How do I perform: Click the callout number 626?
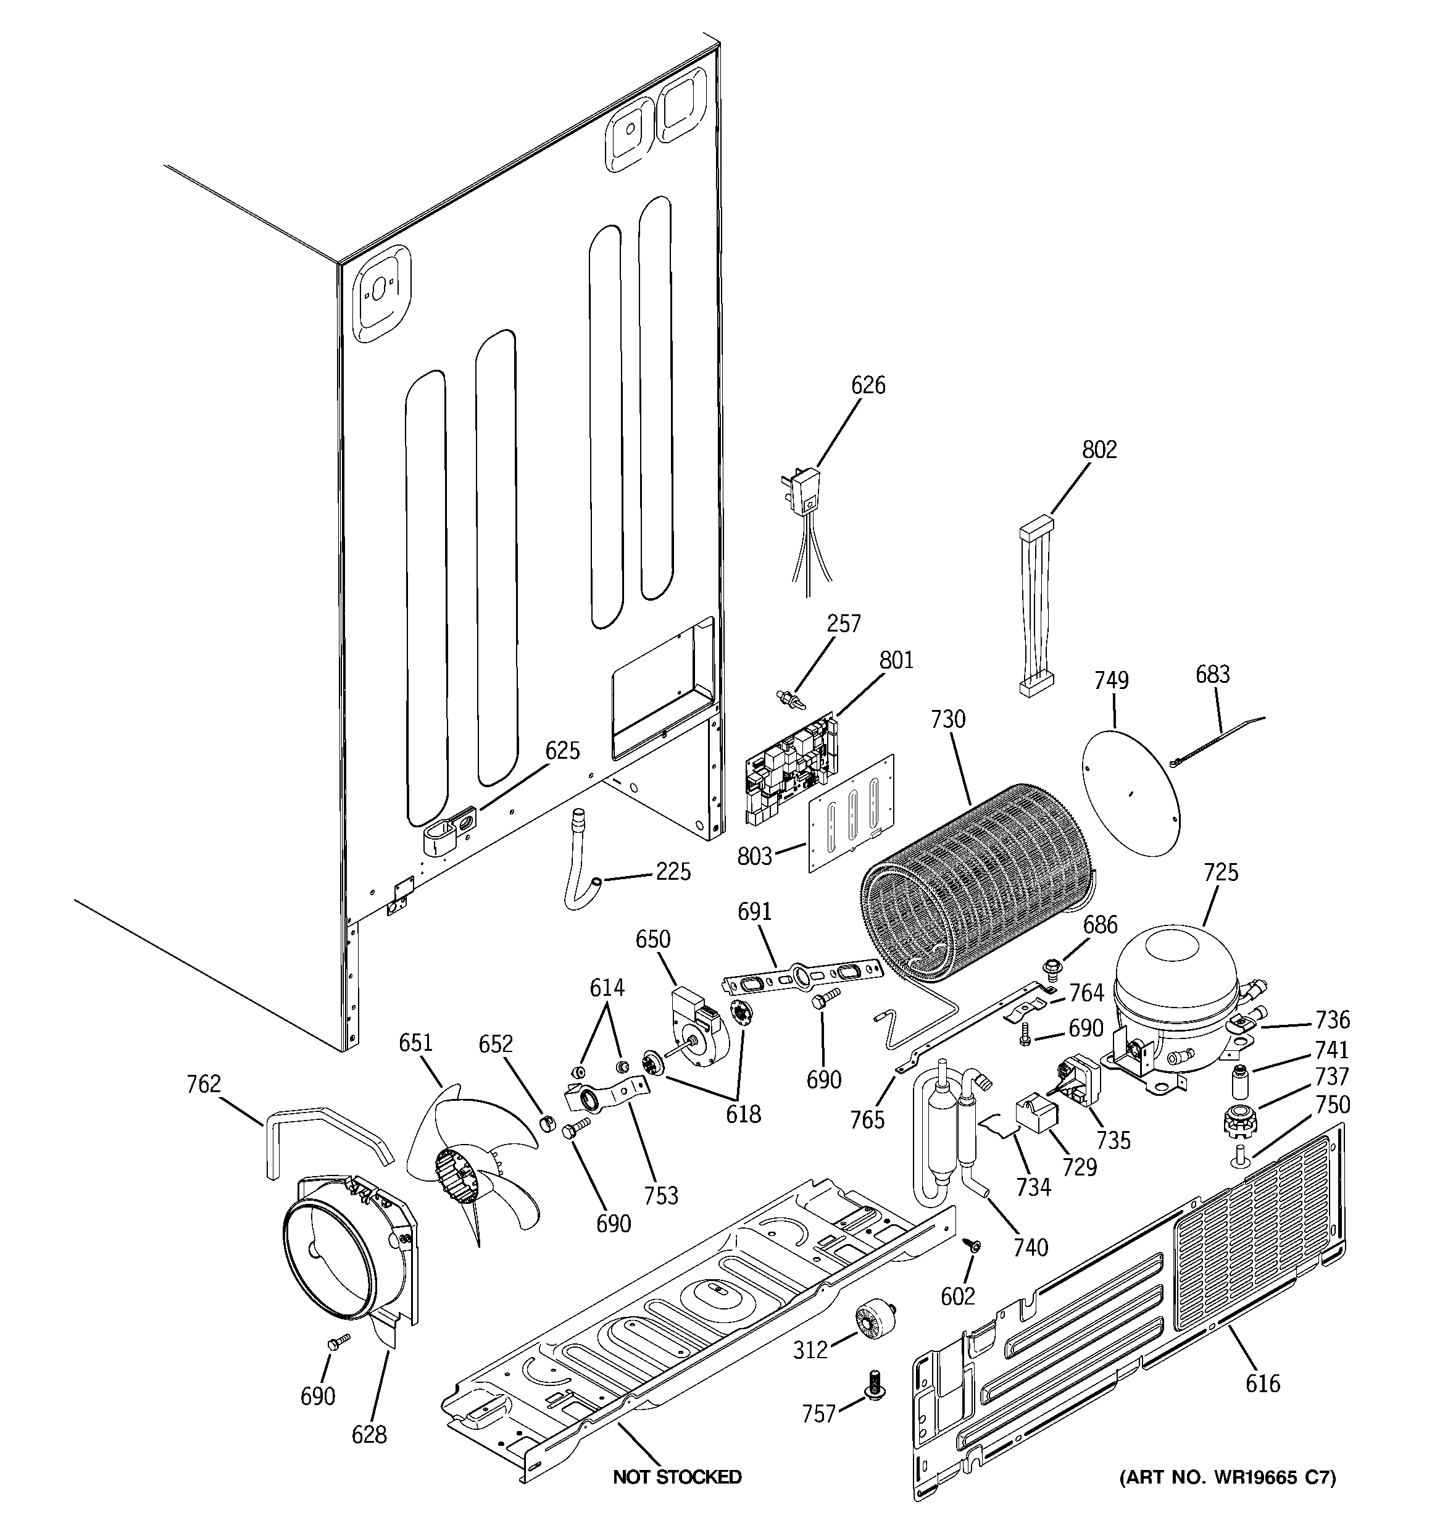tap(868, 385)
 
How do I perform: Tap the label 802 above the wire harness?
tap(1099, 449)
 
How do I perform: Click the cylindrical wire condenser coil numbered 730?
tap(976, 884)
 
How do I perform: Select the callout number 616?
tap(1263, 1384)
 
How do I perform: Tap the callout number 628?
tap(369, 1434)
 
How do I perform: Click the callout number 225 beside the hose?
tap(673, 872)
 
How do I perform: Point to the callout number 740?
tap(1030, 1246)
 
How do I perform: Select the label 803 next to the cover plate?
tap(754, 856)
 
